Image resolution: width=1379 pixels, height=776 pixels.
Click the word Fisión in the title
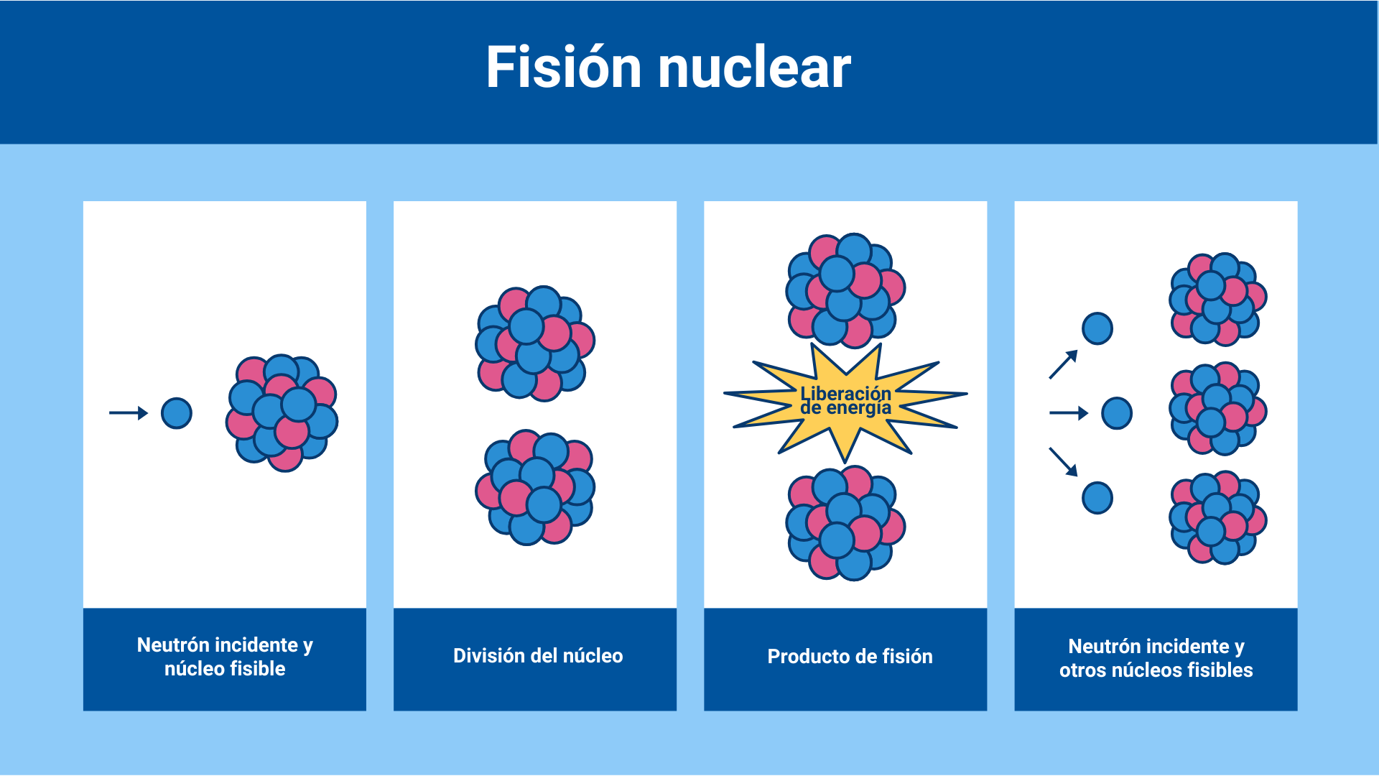point(563,68)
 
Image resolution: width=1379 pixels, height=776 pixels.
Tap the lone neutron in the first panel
point(177,413)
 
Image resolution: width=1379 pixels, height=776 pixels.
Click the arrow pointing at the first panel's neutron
point(128,413)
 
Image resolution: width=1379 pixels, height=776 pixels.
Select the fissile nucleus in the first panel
point(282,413)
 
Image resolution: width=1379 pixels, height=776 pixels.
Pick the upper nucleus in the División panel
point(535,343)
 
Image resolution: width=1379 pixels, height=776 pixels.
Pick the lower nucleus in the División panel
point(535,488)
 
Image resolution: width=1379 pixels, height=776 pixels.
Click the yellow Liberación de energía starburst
point(845,402)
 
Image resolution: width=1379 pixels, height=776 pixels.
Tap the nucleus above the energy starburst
point(845,290)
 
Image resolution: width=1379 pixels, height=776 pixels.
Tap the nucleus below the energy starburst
point(845,523)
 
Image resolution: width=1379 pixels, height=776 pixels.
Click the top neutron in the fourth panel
point(1097,328)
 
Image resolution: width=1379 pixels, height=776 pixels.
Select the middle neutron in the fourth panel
point(1117,413)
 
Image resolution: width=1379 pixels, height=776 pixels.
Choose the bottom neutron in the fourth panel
point(1097,498)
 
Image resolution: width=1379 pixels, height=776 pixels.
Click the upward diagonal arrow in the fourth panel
point(1064,364)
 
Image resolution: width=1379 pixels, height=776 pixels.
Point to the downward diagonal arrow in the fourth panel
point(1064,461)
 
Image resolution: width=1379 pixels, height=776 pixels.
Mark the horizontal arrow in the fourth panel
point(1069,413)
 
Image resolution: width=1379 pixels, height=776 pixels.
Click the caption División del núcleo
point(538,656)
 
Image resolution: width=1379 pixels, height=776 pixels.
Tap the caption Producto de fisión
point(850,657)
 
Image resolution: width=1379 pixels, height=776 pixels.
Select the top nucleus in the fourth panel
point(1218,299)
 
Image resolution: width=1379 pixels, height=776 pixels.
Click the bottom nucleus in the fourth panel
point(1218,517)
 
